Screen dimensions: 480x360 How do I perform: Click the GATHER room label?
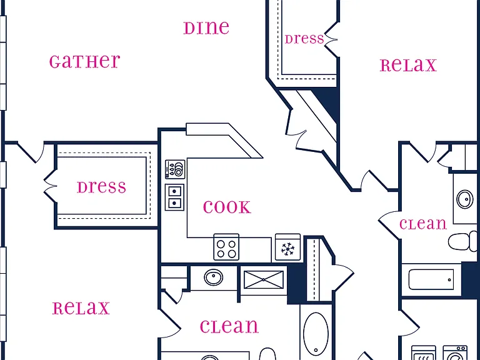(x=85, y=61)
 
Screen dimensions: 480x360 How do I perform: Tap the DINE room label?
(x=206, y=27)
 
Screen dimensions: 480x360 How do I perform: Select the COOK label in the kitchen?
(x=227, y=207)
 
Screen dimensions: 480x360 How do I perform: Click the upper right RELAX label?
(x=408, y=65)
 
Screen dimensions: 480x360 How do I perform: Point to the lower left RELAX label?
(x=81, y=308)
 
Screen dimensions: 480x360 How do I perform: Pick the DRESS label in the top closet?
(x=304, y=39)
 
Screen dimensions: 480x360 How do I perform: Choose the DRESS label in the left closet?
(x=101, y=187)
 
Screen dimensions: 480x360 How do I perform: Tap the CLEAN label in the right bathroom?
(x=423, y=224)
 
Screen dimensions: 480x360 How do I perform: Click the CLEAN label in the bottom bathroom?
(x=229, y=326)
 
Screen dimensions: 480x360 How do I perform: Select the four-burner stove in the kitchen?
(x=226, y=247)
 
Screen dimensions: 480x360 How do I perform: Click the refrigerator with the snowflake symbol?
(x=287, y=247)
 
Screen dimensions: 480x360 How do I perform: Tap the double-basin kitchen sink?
(x=174, y=197)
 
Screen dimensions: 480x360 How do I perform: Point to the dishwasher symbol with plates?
(x=175, y=169)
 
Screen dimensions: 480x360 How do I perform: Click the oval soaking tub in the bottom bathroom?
(x=316, y=334)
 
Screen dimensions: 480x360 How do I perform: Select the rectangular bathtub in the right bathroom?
(x=431, y=279)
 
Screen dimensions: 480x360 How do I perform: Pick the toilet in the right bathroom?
(x=463, y=241)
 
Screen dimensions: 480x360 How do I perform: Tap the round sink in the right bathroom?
(x=465, y=199)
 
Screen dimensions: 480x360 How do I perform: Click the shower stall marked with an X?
(x=264, y=279)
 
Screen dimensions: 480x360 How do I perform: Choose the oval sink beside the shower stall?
(x=214, y=277)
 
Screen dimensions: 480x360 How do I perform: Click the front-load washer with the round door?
(x=455, y=353)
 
